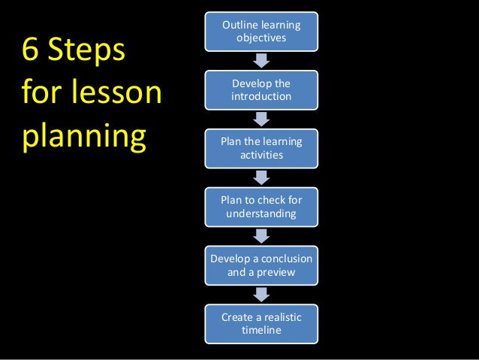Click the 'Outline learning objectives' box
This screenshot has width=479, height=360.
261,32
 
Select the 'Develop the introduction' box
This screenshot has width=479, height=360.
261,89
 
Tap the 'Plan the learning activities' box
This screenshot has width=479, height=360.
261,148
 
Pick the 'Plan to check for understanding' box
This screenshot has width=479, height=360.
261,207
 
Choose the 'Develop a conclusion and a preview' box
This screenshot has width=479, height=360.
261,265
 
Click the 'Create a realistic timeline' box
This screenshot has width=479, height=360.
261,323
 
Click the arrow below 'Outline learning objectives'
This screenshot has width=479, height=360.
261,61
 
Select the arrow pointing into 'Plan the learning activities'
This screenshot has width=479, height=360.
261,119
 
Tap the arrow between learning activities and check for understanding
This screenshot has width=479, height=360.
261,177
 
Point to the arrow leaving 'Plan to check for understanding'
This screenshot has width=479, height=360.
261,236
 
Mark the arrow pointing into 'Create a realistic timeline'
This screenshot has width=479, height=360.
261,294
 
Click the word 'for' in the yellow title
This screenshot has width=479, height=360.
44,93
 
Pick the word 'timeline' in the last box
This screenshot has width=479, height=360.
261,330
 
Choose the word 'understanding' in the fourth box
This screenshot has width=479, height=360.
261,213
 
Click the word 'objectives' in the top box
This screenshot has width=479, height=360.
261,38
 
